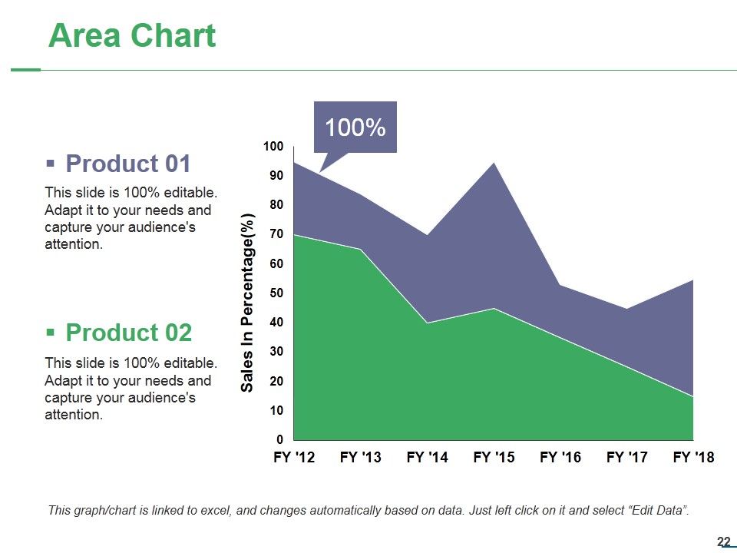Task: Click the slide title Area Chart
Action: pyautogui.click(x=132, y=36)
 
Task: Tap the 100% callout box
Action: pyautogui.click(x=355, y=127)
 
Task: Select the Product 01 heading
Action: pyautogui.click(x=128, y=164)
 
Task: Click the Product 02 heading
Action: pyautogui.click(x=128, y=333)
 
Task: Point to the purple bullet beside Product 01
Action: pyautogui.click(x=51, y=164)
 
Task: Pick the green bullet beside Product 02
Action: pyautogui.click(x=51, y=333)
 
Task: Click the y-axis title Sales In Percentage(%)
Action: pyautogui.click(x=247, y=303)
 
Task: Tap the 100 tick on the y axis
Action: pyautogui.click(x=273, y=146)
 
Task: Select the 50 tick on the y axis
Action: pyautogui.click(x=276, y=293)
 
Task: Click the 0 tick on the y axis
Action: pyautogui.click(x=280, y=439)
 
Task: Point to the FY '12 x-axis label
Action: pyautogui.click(x=294, y=457)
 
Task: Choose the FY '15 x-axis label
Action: pyautogui.click(x=494, y=457)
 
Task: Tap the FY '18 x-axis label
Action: pyautogui.click(x=693, y=457)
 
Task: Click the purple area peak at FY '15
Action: pyautogui.click(x=494, y=162)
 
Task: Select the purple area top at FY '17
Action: pyautogui.click(x=626, y=309)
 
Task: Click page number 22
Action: pyautogui.click(x=724, y=541)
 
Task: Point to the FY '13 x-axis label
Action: pyautogui.click(x=361, y=457)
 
